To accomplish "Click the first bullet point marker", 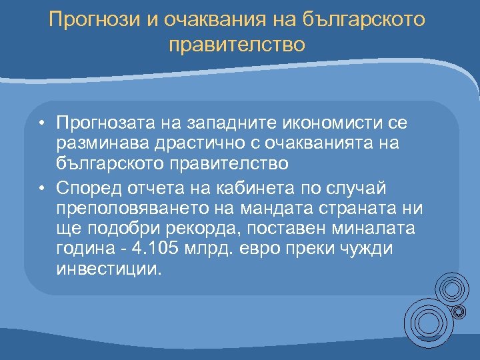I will pos(41,123).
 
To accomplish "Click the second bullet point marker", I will pos(41,189).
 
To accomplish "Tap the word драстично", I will pos(194,143).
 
